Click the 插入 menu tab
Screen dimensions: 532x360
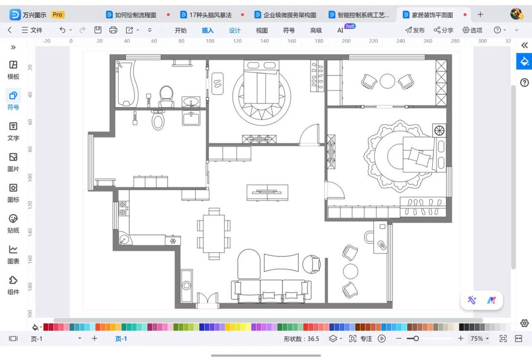[207, 31]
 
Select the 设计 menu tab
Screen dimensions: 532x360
[235, 31]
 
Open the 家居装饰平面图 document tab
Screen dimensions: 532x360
[432, 15]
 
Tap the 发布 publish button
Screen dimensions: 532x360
[415, 30]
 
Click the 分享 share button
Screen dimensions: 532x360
[443, 30]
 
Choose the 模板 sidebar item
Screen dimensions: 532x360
[13, 70]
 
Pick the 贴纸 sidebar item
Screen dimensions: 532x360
[13, 224]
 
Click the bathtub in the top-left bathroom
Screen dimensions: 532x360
[127, 84]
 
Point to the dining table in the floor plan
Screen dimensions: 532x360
[214, 234]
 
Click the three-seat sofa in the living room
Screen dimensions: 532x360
[271, 291]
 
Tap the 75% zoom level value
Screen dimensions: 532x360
[477, 338]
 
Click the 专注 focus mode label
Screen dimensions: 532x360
[366, 339]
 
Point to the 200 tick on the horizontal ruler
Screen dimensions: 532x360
[346, 41]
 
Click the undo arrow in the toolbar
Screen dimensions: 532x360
[62, 30]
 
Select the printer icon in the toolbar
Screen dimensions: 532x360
[113, 30]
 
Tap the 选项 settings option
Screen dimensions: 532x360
[473, 30]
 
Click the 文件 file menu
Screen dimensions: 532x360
[32, 30]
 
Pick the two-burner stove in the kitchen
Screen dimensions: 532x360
[124, 208]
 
